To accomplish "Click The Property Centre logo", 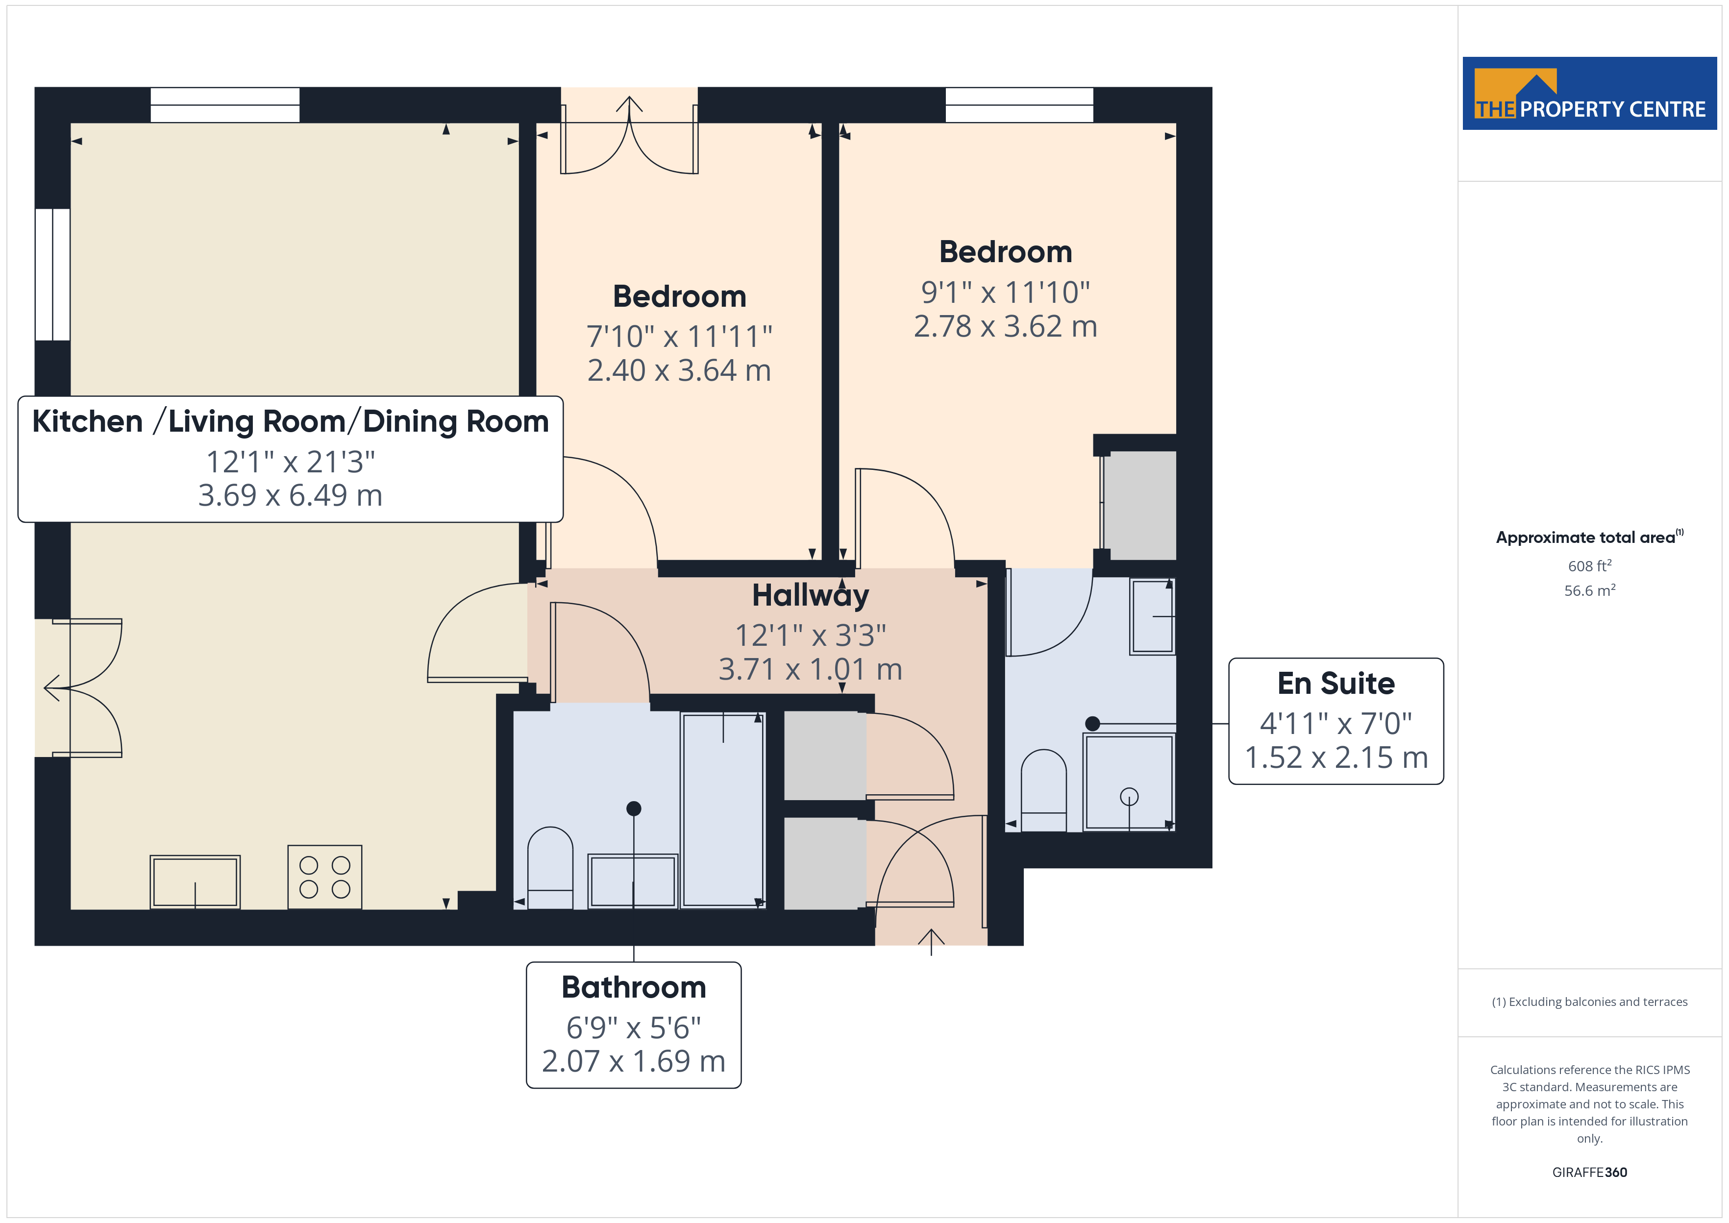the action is (x=1589, y=94).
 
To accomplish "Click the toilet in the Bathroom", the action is (x=550, y=868).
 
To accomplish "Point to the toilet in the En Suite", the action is (x=1044, y=790).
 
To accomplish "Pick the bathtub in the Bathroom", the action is (x=723, y=809).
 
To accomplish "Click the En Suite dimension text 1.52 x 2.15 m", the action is (x=1336, y=758).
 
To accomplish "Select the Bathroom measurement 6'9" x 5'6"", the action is (x=633, y=1027).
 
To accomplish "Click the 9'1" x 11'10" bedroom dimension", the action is (x=1005, y=292).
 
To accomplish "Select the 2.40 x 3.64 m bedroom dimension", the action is (x=679, y=370).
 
